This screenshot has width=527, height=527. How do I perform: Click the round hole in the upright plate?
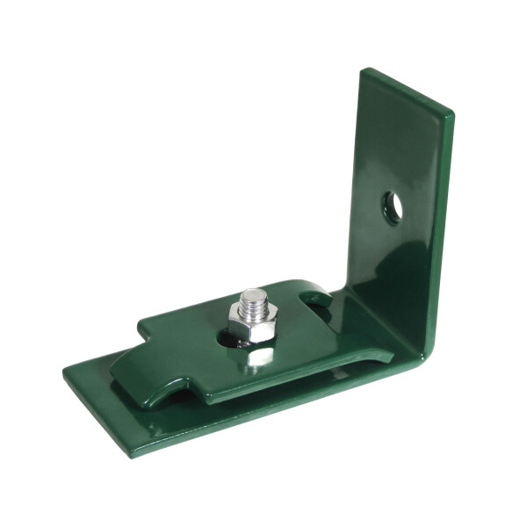[393, 206]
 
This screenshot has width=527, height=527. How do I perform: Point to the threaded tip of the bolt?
[253, 299]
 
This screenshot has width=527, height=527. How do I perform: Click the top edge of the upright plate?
[408, 90]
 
